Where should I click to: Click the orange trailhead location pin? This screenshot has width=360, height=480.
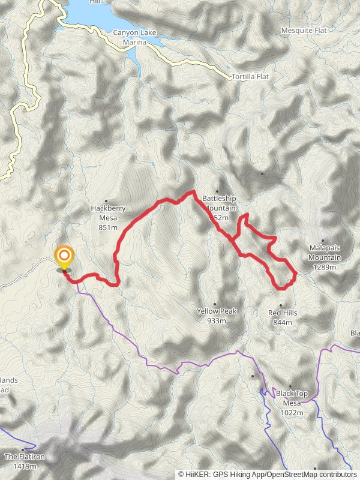[64, 257]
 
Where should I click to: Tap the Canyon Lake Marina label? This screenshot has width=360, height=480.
[134, 37]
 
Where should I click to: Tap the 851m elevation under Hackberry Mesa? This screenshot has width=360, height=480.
[108, 227]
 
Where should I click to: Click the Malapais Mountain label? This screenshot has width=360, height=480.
[325, 253]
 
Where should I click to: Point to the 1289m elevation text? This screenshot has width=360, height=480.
[325, 267]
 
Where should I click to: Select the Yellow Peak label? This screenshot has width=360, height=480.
[217, 311]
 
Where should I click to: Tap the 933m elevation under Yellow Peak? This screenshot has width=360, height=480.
[217, 321]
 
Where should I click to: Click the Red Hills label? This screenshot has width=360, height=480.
[283, 313]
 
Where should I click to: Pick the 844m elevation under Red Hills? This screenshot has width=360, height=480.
[283, 322]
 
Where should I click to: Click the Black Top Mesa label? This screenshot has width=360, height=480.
[292, 398]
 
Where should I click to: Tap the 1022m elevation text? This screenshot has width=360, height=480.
[292, 413]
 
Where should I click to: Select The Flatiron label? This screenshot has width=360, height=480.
[25, 457]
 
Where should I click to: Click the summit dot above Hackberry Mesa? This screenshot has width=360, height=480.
[106, 201]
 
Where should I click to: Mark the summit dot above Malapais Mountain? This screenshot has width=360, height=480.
[323, 241]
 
